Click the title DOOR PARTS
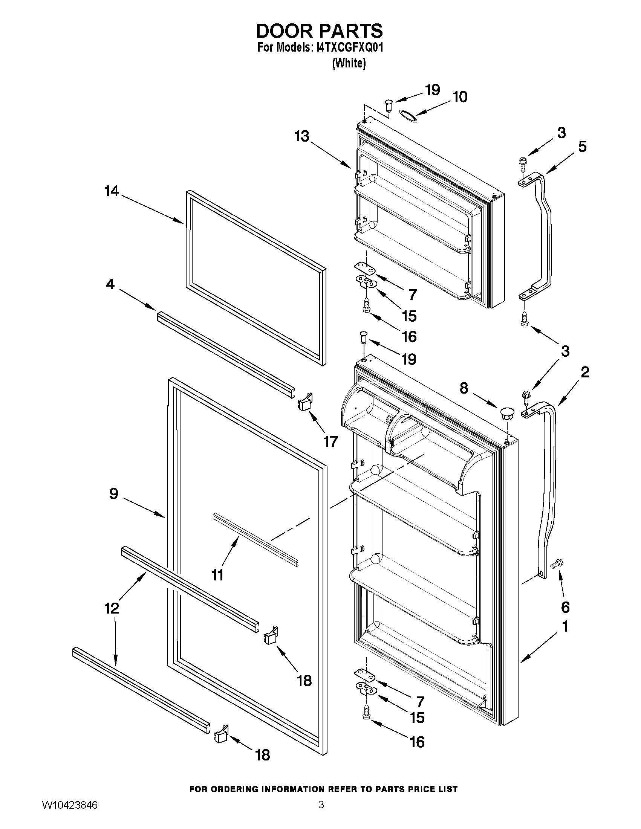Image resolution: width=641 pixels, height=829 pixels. pos(320,31)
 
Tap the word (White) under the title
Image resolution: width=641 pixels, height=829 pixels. pos(349,63)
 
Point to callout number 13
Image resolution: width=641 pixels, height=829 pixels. pos(302,136)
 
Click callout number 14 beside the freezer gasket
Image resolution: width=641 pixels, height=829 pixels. pos(112,191)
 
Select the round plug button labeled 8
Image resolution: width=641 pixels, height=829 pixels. pos(507,412)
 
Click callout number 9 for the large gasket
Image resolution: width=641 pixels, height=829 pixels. pos(113,494)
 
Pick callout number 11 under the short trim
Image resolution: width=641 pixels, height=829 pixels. pos(217,575)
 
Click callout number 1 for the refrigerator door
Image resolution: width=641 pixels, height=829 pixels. pos(565,626)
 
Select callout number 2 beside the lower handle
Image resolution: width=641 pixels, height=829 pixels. pos(585,373)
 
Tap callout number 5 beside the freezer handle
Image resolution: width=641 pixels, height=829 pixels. pos(582,147)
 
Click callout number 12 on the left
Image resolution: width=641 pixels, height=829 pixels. pos(112,608)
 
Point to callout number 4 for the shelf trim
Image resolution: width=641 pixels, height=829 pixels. pos(110,284)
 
